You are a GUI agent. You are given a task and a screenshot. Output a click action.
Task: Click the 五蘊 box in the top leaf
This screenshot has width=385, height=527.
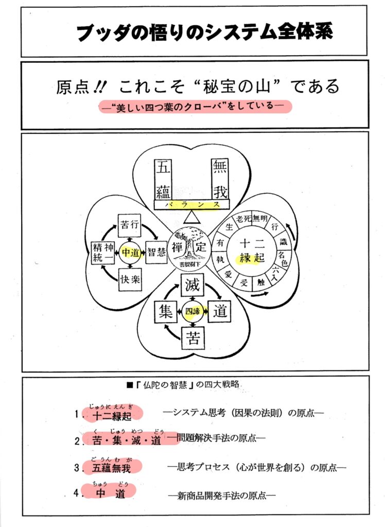[x=163, y=179]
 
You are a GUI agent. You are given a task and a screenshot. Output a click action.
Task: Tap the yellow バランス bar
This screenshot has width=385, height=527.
[x=191, y=204]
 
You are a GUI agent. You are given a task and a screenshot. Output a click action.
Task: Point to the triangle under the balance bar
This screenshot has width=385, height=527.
[x=191, y=217]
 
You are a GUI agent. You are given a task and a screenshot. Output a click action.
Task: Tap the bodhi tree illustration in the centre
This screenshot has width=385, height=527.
[x=190, y=246]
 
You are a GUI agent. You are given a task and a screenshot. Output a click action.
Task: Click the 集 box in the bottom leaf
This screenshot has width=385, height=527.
[x=166, y=312]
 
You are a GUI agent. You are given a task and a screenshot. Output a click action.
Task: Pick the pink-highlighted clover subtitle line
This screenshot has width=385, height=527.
[x=195, y=107]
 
